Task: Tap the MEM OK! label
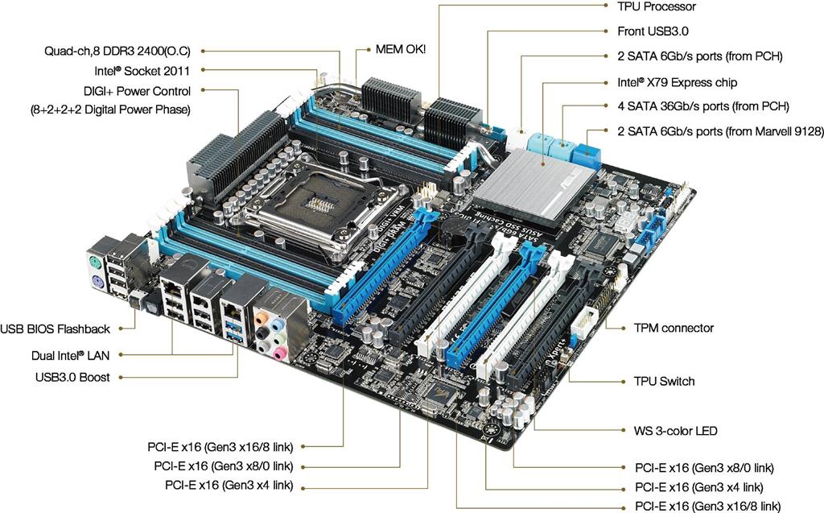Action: click(401, 49)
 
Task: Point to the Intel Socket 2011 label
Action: click(147, 71)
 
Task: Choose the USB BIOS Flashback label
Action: click(56, 329)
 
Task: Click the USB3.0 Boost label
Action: click(72, 376)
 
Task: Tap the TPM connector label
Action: click(674, 328)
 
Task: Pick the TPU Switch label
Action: click(664, 381)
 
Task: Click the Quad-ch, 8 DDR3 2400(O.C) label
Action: click(117, 51)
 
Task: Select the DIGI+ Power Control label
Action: click(137, 91)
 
